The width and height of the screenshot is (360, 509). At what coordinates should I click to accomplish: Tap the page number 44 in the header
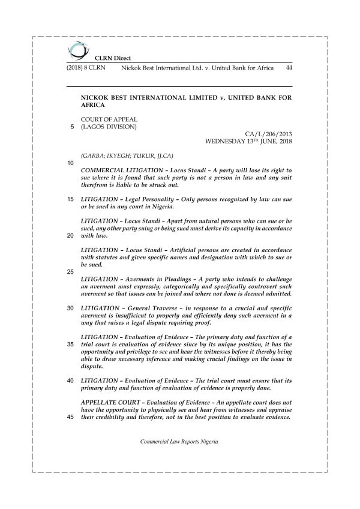coord(289,69)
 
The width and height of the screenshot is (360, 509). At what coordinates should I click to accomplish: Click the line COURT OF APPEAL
coord(105,119)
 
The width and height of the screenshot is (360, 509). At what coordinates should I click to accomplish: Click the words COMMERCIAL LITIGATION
coord(123,171)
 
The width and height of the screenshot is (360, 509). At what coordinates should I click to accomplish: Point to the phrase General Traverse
coord(149,307)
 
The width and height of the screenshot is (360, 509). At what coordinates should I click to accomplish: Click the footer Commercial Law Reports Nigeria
coord(179,441)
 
